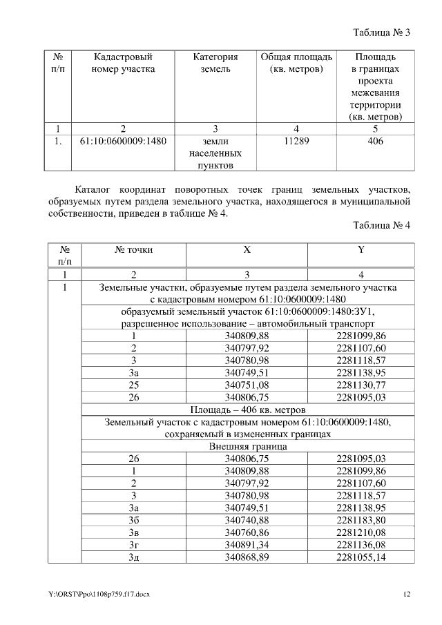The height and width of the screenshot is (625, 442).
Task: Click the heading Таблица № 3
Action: [382, 32]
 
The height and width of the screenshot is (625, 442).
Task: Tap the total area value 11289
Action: [296, 142]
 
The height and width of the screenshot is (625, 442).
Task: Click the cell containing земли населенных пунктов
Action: [215, 153]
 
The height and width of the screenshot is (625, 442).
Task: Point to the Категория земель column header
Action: [215, 63]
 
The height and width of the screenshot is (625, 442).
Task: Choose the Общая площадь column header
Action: [296, 63]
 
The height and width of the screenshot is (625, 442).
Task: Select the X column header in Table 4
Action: [247, 250]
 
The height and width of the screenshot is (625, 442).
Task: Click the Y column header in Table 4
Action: [361, 250]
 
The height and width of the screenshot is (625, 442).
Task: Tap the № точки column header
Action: [134, 250]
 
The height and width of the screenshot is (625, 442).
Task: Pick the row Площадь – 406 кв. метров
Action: [247, 410]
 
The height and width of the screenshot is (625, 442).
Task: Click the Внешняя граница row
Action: [247, 447]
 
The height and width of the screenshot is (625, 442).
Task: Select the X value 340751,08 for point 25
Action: [247, 385]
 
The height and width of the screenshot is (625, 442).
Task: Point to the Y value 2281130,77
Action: [361, 385]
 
